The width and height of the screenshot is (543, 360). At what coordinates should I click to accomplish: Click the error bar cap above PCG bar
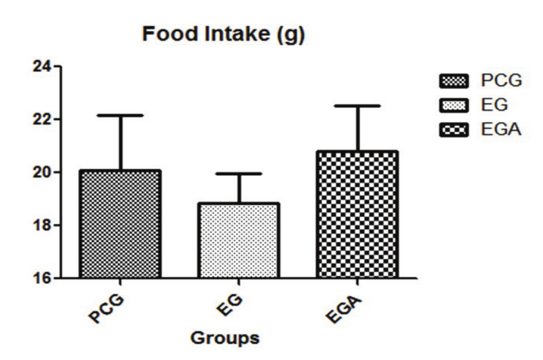click(x=121, y=115)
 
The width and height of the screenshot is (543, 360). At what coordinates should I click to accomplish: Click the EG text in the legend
click(x=486, y=106)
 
